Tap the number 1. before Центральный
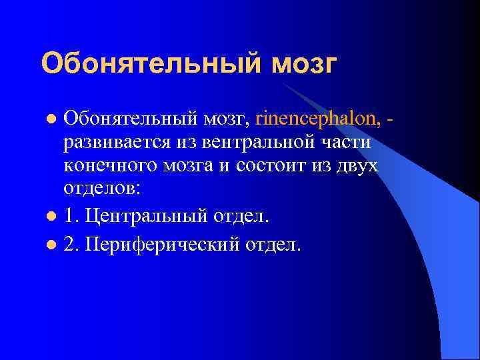pos(72,216)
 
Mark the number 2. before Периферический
pos(72,245)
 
